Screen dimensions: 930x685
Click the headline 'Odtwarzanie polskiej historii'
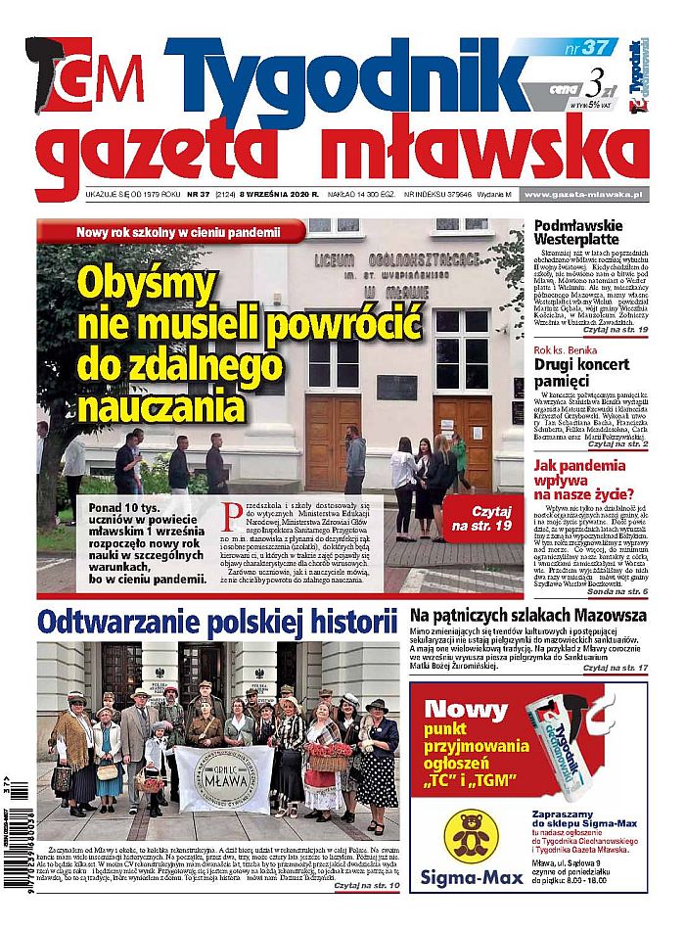216,622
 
